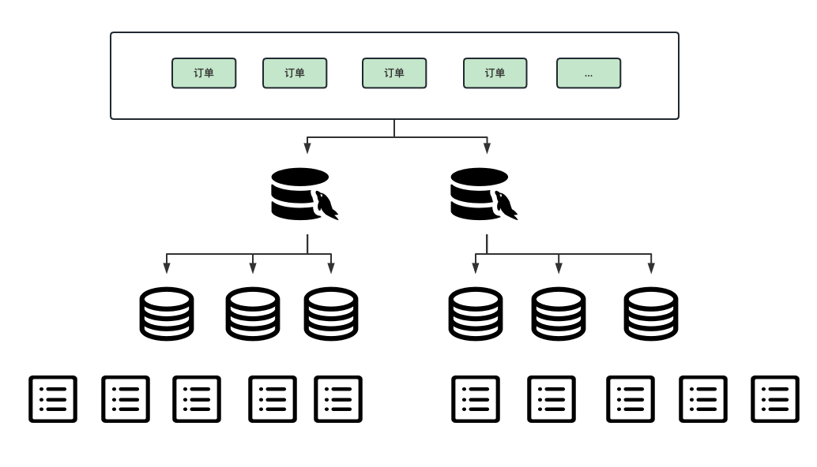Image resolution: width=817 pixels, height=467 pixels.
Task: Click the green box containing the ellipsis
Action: click(589, 73)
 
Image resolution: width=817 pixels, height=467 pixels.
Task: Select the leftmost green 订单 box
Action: click(204, 73)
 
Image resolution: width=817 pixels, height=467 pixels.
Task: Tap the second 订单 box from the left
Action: click(295, 73)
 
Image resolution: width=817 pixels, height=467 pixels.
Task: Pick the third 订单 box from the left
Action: click(394, 73)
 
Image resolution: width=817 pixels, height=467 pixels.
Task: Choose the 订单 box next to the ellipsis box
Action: click(495, 73)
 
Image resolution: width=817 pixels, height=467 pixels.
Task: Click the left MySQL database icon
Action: click(304, 194)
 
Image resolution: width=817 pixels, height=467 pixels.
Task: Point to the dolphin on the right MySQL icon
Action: click(506, 205)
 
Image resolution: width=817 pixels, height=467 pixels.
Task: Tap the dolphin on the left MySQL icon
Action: click(326, 205)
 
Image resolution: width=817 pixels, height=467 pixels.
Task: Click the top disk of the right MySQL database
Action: click(479, 177)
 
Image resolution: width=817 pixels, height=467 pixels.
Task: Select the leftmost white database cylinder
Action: click(167, 314)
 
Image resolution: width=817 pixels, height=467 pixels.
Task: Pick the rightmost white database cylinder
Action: click(651, 314)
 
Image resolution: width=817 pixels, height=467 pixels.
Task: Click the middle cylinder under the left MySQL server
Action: click(253, 314)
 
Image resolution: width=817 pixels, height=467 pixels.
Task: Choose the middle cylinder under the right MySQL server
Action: click(559, 314)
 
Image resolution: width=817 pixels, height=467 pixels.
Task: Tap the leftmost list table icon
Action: click(53, 399)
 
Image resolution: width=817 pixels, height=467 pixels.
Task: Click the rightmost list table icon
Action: click(775, 399)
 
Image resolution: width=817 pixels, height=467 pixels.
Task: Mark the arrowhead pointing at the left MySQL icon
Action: click(307, 148)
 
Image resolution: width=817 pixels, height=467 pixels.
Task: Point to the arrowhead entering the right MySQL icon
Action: click(488, 148)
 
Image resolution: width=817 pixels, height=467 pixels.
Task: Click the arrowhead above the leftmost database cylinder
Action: click(167, 267)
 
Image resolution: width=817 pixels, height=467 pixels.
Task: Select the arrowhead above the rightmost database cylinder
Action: click(651, 267)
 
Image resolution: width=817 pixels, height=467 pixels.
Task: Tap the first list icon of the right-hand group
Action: click(476, 399)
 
